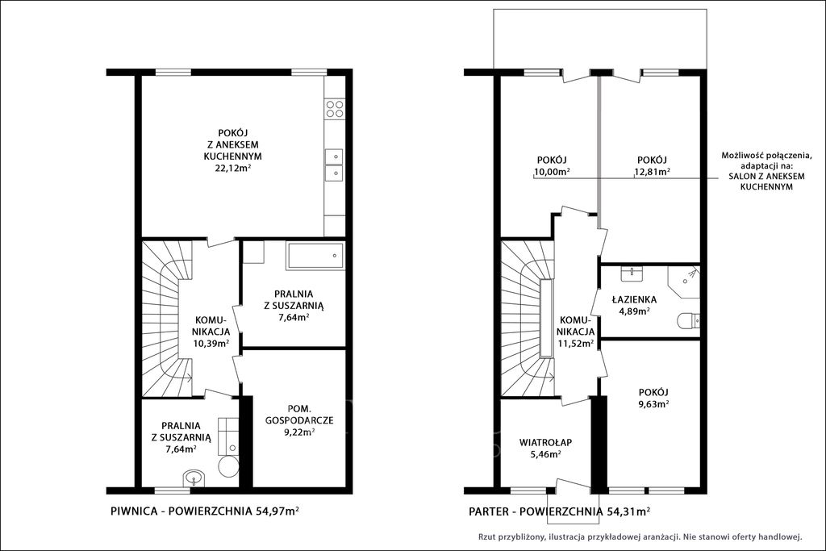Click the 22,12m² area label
(232, 169)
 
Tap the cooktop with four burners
(335, 109)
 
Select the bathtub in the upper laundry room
(315, 256)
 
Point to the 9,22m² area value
(299, 432)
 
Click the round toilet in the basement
(228, 467)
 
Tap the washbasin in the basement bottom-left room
(194, 479)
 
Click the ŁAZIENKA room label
(634, 300)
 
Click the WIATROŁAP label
(545, 442)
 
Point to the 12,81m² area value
(652, 171)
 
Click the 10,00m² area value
(552, 171)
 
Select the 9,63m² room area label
(653, 404)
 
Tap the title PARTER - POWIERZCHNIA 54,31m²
(559, 511)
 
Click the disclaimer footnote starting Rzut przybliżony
(640, 537)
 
